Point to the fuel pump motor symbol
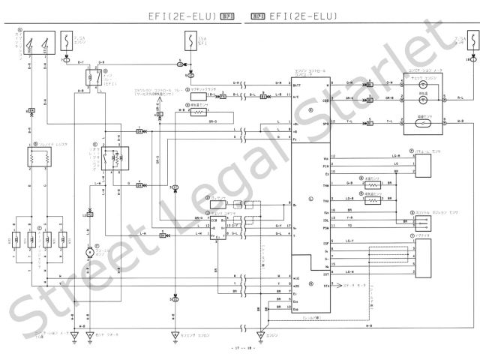[88, 251]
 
